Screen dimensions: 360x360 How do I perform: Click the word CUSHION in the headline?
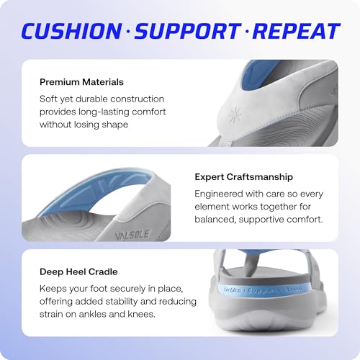pos(70,31)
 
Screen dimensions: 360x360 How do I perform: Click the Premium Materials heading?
pos(81,82)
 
